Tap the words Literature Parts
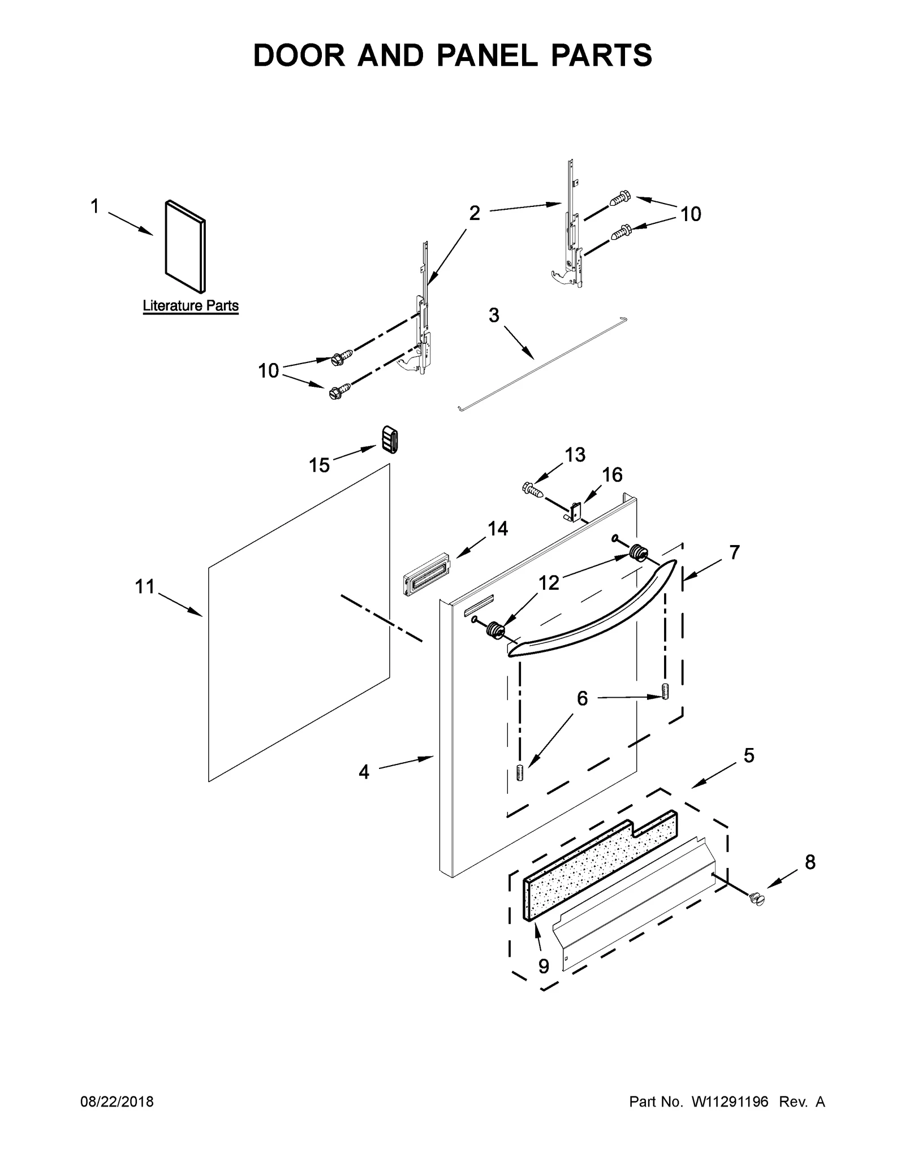[190, 306]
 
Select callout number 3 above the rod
[494, 316]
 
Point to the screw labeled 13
[533, 489]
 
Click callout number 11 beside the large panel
[144, 587]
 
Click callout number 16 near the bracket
[612, 475]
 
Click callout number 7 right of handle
[734, 552]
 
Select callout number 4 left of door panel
[364, 772]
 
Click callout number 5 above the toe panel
[748, 755]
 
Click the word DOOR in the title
[299, 55]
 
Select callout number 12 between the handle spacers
[548, 582]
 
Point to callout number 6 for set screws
[582, 699]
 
